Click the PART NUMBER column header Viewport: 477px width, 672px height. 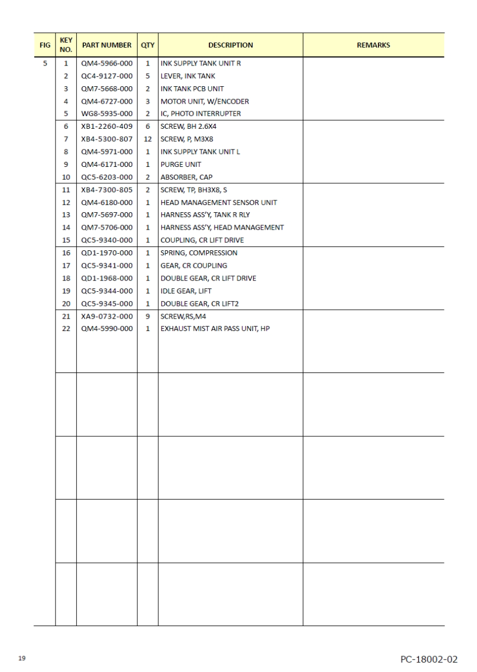pyautogui.click(x=106, y=45)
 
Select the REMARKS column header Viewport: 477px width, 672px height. pyautogui.click(x=373, y=45)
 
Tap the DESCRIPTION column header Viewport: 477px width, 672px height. pyautogui.click(x=230, y=45)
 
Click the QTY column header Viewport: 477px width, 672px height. pyautogui.click(x=148, y=45)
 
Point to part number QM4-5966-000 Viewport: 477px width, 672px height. pyautogui.click(x=106, y=63)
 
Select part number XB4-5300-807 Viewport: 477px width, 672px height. pyautogui.click(x=106, y=139)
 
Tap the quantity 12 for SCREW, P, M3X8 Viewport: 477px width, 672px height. pyautogui.click(x=148, y=139)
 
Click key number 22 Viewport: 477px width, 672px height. pyautogui.click(x=66, y=328)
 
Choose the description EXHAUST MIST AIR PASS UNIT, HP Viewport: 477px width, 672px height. pyautogui.click(x=215, y=328)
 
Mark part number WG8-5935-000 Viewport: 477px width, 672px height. pyautogui.click(x=106, y=114)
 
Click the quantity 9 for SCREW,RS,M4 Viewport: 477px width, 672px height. pyautogui.click(x=148, y=316)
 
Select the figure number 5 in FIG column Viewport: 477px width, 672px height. pyautogui.click(x=44, y=63)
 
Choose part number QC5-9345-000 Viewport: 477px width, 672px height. pyautogui.click(x=106, y=303)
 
